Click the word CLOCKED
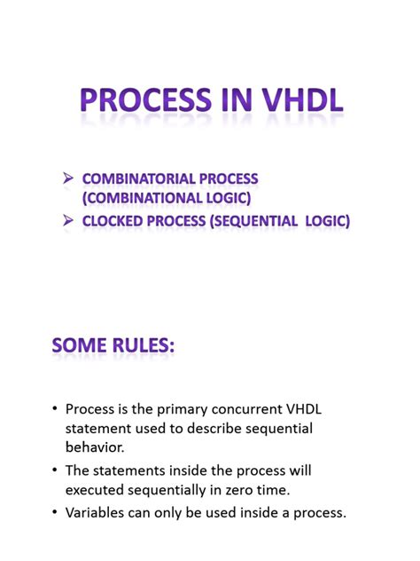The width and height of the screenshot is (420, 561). coord(115,222)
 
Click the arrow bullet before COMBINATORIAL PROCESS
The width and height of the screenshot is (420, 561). coord(67,179)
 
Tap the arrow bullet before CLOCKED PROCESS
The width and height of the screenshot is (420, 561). coord(67,222)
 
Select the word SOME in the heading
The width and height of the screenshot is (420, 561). coord(82,345)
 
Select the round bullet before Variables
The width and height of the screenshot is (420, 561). coord(57,513)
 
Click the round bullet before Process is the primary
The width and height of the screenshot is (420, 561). coord(57,410)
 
